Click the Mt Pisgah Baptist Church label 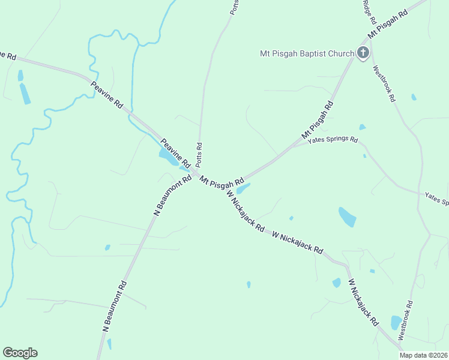[x=307, y=53]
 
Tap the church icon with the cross [x=363, y=53]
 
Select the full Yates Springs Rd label [x=333, y=140]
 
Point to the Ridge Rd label [x=369, y=12]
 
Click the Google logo [x=20, y=353]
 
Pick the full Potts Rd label [x=199, y=155]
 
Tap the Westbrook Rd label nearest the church [x=384, y=83]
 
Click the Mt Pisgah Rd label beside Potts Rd [x=222, y=181]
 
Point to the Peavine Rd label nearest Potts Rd [x=175, y=154]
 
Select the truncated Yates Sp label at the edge [x=436, y=198]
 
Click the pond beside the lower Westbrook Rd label [x=396, y=322]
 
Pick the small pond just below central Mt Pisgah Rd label [x=244, y=189]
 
